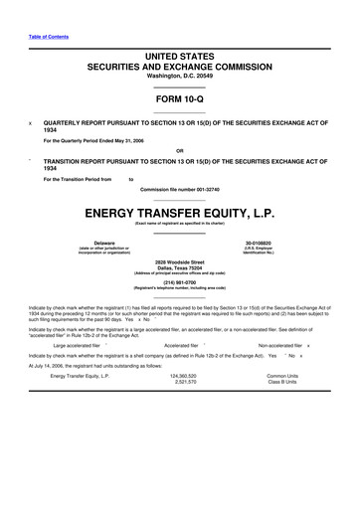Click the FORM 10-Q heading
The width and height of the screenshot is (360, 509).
[x=179, y=99]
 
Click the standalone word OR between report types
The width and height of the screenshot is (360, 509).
[x=179, y=150]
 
